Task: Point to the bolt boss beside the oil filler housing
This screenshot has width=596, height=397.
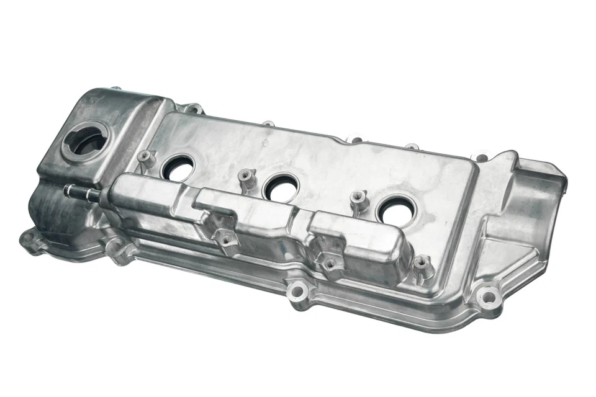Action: click(x=145, y=158)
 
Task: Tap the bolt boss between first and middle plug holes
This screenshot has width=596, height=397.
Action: click(x=246, y=178)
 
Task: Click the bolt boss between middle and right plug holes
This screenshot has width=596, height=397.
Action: click(x=358, y=199)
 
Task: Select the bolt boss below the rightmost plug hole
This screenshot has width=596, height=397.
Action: click(x=422, y=263)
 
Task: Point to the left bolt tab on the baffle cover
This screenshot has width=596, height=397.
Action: click(x=224, y=238)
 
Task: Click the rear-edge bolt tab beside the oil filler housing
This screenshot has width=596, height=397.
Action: click(x=193, y=110)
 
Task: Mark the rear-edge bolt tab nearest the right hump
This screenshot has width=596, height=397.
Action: click(x=479, y=158)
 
